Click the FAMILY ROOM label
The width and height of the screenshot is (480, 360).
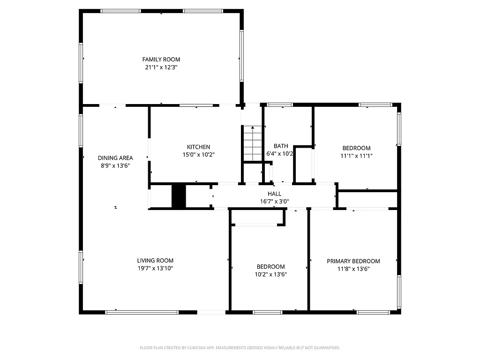[161, 60]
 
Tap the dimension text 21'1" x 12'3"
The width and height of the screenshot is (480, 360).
[161, 67]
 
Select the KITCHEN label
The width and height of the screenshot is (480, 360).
[199, 147]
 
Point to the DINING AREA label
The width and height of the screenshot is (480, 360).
[115, 158]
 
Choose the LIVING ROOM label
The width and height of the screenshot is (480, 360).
[155, 261]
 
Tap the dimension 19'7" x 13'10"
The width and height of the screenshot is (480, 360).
[155, 269]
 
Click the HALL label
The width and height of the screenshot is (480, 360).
[275, 194]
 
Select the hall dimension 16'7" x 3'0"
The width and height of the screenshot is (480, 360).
[275, 202]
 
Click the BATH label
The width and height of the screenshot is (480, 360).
[281, 146]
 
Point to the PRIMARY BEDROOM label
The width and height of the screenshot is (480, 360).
[353, 261]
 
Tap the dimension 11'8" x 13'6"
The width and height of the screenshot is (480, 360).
[353, 269]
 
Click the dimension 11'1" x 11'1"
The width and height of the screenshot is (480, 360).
[356, 156]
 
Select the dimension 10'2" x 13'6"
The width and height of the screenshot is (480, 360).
[270, 275]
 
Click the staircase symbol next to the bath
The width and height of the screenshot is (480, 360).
[252, 143]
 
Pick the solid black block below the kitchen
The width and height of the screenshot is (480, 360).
[179, 196]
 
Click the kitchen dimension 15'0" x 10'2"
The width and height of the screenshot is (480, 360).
[199, 154]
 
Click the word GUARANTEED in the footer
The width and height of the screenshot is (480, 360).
[327, 348]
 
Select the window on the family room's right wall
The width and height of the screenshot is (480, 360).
[242, 55]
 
